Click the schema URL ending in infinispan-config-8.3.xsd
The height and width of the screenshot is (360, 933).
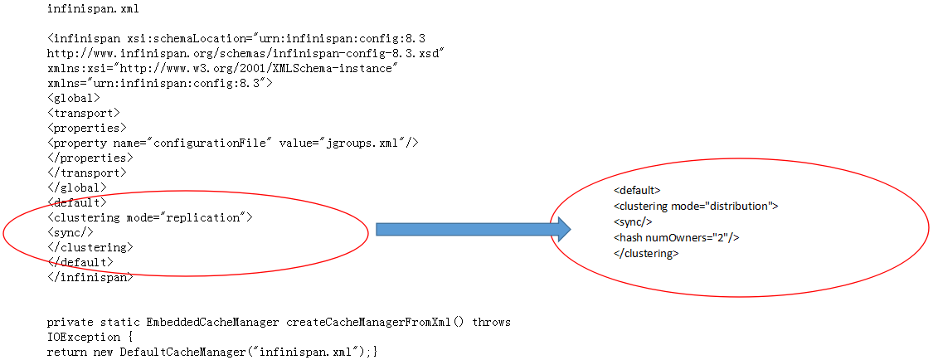coord(246,53)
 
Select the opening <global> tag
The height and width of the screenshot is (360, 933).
coord(74,98)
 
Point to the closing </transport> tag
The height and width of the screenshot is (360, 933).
coord(87,173)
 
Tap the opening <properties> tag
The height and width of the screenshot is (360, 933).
coord(87,128)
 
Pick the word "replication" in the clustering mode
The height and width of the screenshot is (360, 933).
coord(205,217)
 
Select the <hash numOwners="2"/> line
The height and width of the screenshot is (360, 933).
coord(676,238)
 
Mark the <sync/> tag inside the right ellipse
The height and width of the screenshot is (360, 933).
coord(633,222)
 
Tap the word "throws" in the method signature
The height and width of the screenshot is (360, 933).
coord(492,322)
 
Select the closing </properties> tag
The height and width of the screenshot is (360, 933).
coord(90,158)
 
